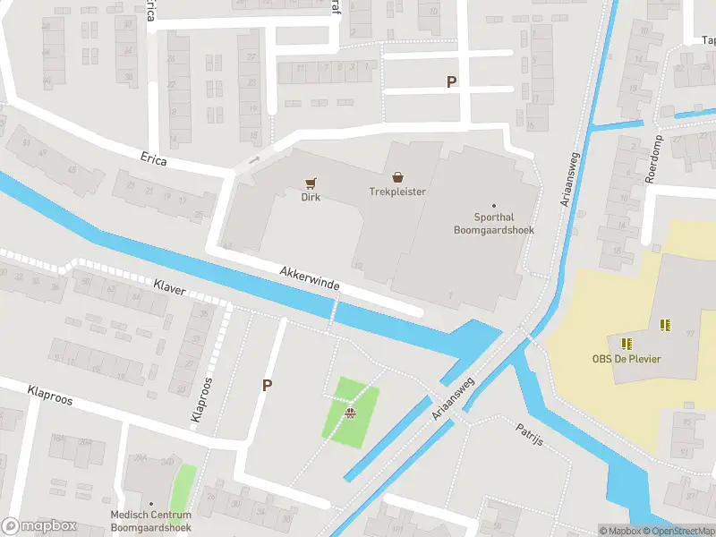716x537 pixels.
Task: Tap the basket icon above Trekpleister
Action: click(397, 176)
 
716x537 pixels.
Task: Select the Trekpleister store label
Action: click(397, 192)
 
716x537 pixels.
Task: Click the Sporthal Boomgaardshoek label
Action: click(493, 223)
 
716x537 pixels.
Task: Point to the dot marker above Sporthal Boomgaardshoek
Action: click(493, 205)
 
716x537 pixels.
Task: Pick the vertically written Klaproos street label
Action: click(202, 399)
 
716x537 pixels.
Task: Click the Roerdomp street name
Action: click(652, 159)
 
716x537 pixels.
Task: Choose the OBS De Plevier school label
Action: click(626, 360)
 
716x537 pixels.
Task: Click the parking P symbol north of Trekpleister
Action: click(451, 81)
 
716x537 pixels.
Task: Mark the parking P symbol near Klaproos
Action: click(266, 385)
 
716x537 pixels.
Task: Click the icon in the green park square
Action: click(351, 413)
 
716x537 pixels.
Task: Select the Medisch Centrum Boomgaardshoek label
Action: click(150, 521)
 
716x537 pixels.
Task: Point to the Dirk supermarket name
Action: click(311, 198)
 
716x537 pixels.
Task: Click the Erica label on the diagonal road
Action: click(153, 158)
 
